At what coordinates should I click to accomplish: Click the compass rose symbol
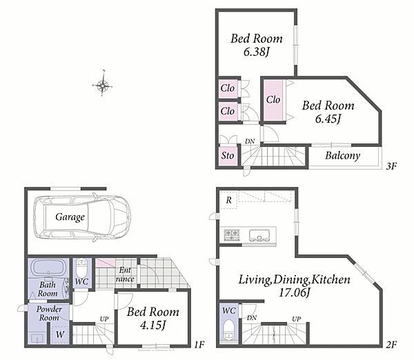(x=102, y=85)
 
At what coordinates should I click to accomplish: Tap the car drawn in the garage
(x=82, y=218)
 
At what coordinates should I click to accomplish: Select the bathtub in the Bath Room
(x=49, y=268)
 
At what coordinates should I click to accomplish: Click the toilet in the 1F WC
(x=81, y=268)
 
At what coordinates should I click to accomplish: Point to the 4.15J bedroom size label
(x=153, y=326)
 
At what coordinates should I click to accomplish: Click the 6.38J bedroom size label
(x=256, y=52)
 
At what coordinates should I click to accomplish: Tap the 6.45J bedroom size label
(x=328, y=119)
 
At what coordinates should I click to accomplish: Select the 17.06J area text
(x=294, y=292)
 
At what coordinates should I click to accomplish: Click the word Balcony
(x=342, y=155)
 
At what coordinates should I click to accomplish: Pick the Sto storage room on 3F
(x=228, y=156)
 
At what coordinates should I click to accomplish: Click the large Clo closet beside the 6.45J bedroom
(x=273, y=100)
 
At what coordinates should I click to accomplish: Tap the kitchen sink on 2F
(x=259, y=235)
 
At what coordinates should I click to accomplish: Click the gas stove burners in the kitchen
(x=232, y=235)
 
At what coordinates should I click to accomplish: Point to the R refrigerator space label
(x=228, y=200)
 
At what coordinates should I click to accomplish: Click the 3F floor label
(x=391, y=166)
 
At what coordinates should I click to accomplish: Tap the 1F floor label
(x=199, y=344)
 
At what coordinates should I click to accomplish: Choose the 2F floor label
(x=391, y=344)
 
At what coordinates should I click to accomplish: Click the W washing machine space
(x=60, y=334)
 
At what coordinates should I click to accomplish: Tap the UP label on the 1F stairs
(x=104, y=319)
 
